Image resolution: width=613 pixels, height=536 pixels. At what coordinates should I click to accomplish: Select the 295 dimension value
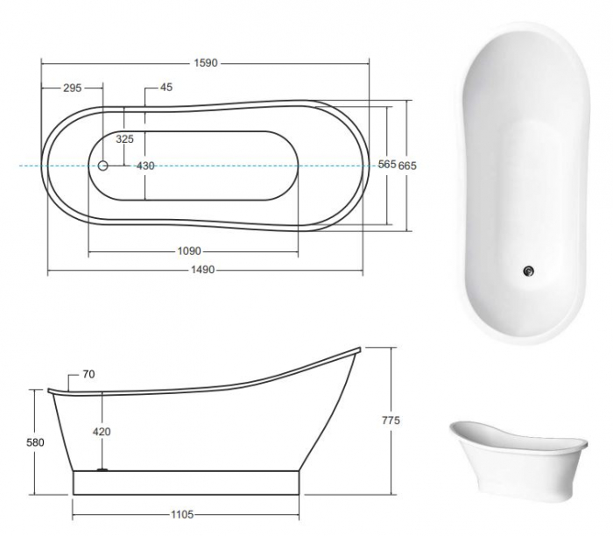(72, 88)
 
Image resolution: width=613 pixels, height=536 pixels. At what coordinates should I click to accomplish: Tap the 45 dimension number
(166, 88)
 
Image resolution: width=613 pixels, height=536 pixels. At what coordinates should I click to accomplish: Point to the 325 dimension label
(124, 139)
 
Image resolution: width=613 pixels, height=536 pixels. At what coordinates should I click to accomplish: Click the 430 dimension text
(145, 166)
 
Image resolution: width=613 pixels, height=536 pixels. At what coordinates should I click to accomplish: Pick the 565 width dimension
(387, 165)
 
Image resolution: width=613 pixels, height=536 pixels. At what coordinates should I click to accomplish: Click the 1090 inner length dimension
(190, 251)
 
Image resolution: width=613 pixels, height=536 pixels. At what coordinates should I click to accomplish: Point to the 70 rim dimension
(89, 375)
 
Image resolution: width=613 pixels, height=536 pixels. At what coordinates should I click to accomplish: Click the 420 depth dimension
(102, 432)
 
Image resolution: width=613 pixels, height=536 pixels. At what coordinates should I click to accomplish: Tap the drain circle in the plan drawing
(103, 166)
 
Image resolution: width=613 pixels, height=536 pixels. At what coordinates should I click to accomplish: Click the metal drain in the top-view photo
(527, 271)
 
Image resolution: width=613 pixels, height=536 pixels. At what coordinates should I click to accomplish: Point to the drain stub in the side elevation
(103, 469)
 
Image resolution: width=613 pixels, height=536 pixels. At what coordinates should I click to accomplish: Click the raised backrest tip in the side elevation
(356, 350)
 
